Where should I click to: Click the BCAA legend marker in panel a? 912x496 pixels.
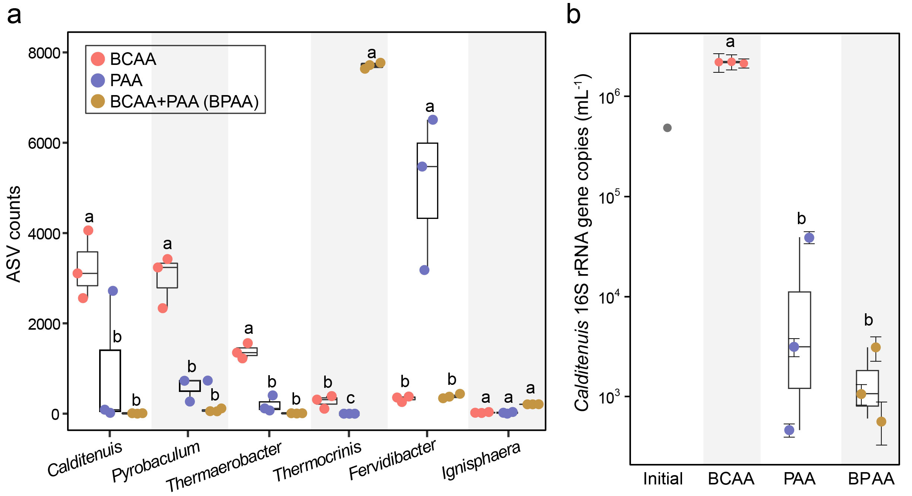pyautogui.click(x=98, y=59)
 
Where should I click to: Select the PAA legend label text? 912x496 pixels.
pyautogui.click(x=126, y=80)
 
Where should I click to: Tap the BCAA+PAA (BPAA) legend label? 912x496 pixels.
pyautogui.click(x=184, y=101)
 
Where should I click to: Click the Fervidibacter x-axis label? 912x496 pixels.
pyautogui.click(x=392, y=459)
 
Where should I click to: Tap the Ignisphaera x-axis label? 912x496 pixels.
pyautogui.click(x=481, y=460)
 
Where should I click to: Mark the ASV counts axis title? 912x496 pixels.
pyautogui.click(x=14, y=234)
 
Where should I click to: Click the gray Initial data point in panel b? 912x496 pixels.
pyautogui.click(x=667, y=128)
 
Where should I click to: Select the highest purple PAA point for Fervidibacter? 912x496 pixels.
pyautogui.click(x=432, y=120)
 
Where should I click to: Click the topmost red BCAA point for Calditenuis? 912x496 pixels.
pyautogui.click(x=88, y=230)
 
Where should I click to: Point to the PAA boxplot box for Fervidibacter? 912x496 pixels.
pyautogui.click(x=427, y=180)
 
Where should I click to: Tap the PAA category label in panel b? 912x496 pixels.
pyautogui.click(x=799, y=479)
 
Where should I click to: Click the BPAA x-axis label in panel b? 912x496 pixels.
pyautogui.click(x=871, y=479)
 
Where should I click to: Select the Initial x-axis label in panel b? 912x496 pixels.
pyautogui.click(x=663, y=479)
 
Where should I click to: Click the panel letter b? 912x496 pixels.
pyautogui.click(x=573, y=15)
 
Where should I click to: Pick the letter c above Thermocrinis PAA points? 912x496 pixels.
pyautogui.click(x=350, y=398)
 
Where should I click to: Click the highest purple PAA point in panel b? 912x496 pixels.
pyautogui.click(x=809, y=238)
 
